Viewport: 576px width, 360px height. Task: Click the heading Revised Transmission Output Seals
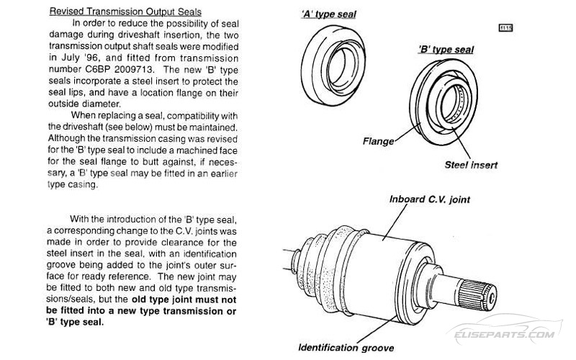pos(125,12)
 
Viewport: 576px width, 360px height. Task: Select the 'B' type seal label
pos(446,49)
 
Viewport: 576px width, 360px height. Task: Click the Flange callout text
pos(379,142)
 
